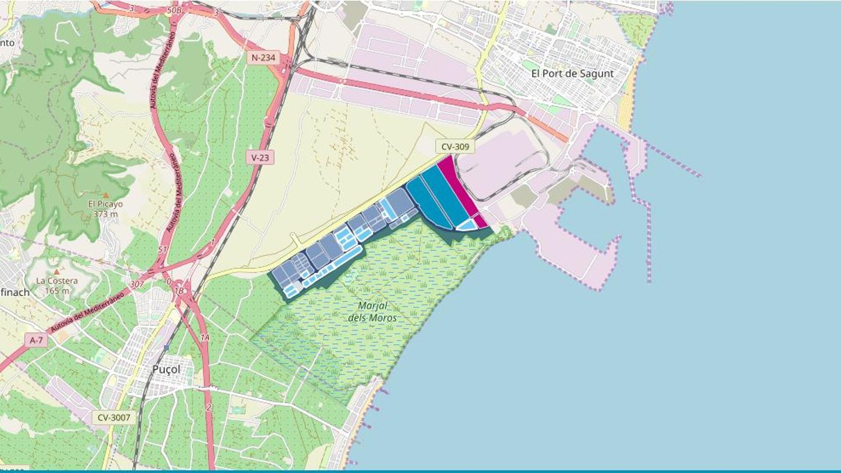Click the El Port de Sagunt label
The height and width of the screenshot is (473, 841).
(x=572, y=74)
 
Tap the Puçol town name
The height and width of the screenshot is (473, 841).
(x=166, y=369)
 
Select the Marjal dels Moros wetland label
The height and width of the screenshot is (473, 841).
(x=372, y=312)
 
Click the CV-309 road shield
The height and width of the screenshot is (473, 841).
(x=455, y=147)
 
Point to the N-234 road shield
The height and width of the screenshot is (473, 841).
(x=263, y=57)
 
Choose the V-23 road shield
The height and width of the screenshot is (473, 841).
(x=260, y=157)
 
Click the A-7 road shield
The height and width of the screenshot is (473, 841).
(x=36, y=341)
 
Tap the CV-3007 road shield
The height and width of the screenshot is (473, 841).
(x=114, y=418)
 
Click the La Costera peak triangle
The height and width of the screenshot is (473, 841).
(x=57, y=272)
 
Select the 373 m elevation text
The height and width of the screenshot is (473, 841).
(x=105, y=214)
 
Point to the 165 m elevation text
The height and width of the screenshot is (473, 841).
(x=57, y=291)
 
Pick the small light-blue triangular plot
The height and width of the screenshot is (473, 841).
(x=466, y=225)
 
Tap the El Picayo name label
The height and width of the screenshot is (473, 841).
(x=105, y=204)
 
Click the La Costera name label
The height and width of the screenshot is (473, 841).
(x=57, y=281)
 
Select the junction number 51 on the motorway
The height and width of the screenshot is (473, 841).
(x=162, y=249)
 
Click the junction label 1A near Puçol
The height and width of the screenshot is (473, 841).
(x=204, y=337)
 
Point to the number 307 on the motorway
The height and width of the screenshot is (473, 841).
(x=136, y=284)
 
